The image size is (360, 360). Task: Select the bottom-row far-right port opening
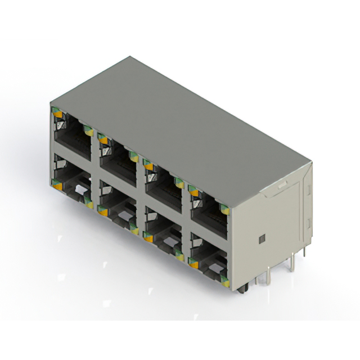click(209, 256)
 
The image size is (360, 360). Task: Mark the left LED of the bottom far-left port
click(57, 181)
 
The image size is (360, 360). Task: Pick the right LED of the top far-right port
click(224, 210)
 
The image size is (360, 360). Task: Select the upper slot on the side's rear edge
click(307, 185)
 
